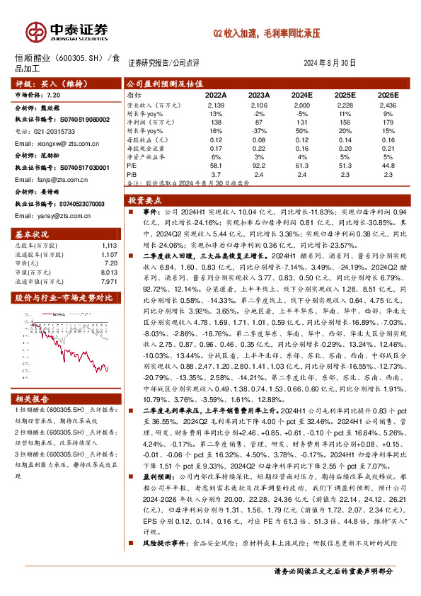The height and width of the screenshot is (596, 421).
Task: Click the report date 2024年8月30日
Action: (329, 62)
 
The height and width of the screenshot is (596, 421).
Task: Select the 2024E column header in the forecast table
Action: (302, 94)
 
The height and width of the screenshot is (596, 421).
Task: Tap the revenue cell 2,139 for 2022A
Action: (215, 103)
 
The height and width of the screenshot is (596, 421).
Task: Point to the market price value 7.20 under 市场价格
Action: (52, 93)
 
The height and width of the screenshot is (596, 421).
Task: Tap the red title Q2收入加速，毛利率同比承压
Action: (268, 33)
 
